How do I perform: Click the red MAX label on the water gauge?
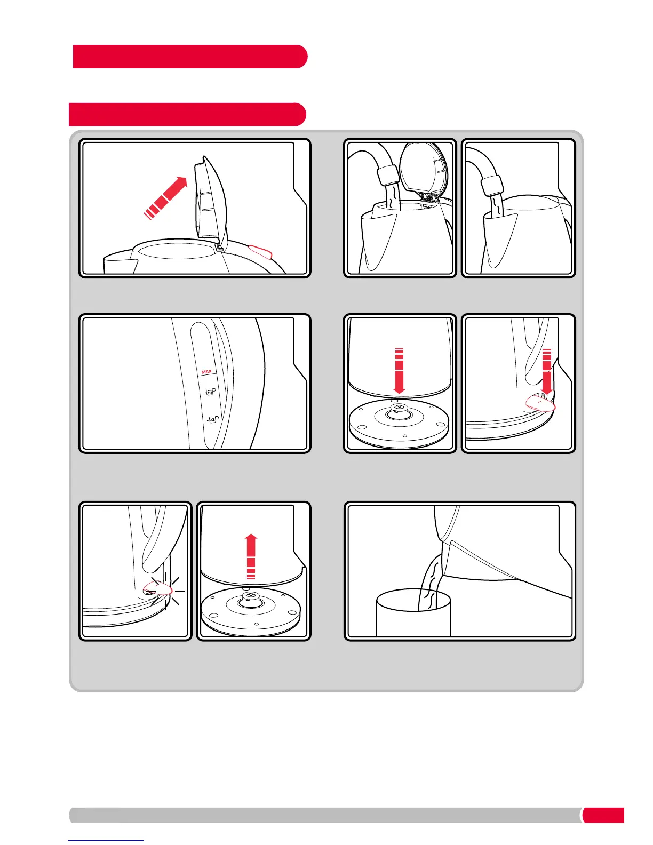click(206, 372)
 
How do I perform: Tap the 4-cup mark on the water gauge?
click(213, 420)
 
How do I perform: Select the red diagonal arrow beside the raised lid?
click(166, 198)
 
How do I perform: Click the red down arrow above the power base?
click(399, 371)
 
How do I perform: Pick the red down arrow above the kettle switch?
click(547, 372)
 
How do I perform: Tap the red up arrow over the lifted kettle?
click(251, 556)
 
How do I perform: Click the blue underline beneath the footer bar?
click(106, 840)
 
